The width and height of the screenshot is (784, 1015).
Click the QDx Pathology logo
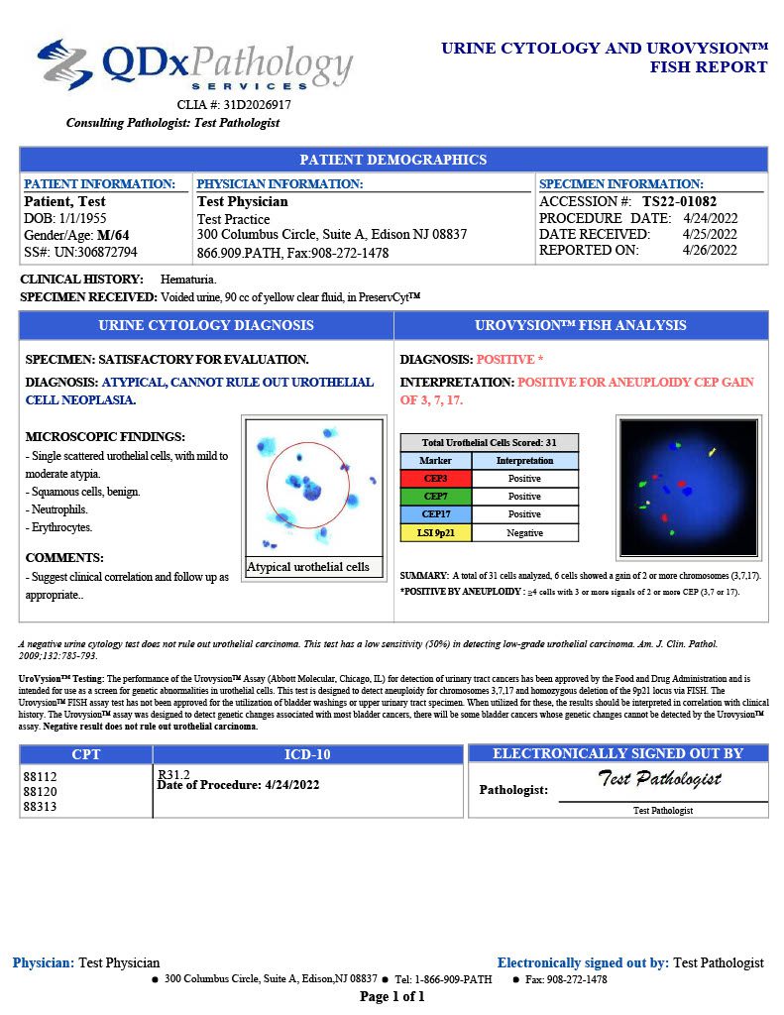click(x=194, y=65)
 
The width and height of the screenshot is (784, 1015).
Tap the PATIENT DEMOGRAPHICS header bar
click(x=392, y=160)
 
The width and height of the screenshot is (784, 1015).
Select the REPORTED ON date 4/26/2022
click(x=710, y=250)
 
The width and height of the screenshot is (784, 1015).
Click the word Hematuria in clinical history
click(x=188, y=280)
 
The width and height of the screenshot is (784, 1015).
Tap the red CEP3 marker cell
click(x=435, y=479)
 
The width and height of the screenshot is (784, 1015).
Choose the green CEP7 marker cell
click(x=435, y=497)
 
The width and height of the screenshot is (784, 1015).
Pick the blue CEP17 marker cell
click(x=435, y=514)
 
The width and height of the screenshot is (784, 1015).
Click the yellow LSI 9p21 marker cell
click(x=435, y=532)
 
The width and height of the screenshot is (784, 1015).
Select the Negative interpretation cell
click(x=524, y=532)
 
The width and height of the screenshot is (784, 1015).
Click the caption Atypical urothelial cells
click(x=308, y=567)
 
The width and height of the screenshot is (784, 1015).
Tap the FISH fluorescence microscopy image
click(x=688, y=487)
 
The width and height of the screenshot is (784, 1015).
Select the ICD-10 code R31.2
click(x=173, y=773)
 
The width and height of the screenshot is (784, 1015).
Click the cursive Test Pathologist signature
click(x=660, y=779)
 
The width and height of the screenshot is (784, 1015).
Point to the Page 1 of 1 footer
click(x=392, y=996)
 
